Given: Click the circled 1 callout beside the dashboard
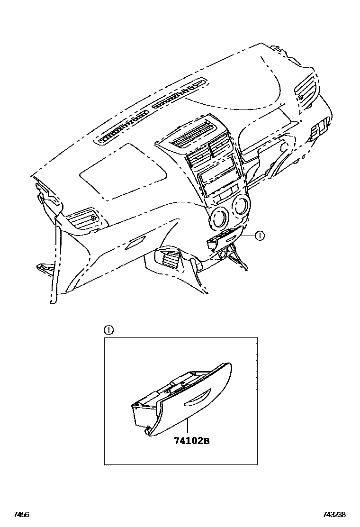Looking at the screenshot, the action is [259, 236].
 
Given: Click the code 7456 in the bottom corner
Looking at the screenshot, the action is [21, 515].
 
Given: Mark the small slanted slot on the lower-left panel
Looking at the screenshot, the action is [135, 244].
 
